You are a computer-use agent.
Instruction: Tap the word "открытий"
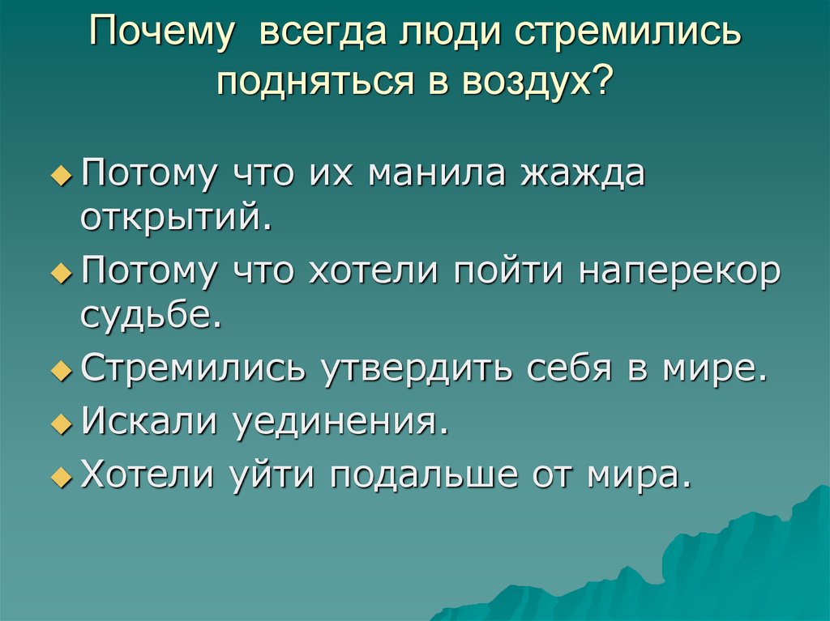point(174,219)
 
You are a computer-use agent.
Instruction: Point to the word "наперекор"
point(679,272)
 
